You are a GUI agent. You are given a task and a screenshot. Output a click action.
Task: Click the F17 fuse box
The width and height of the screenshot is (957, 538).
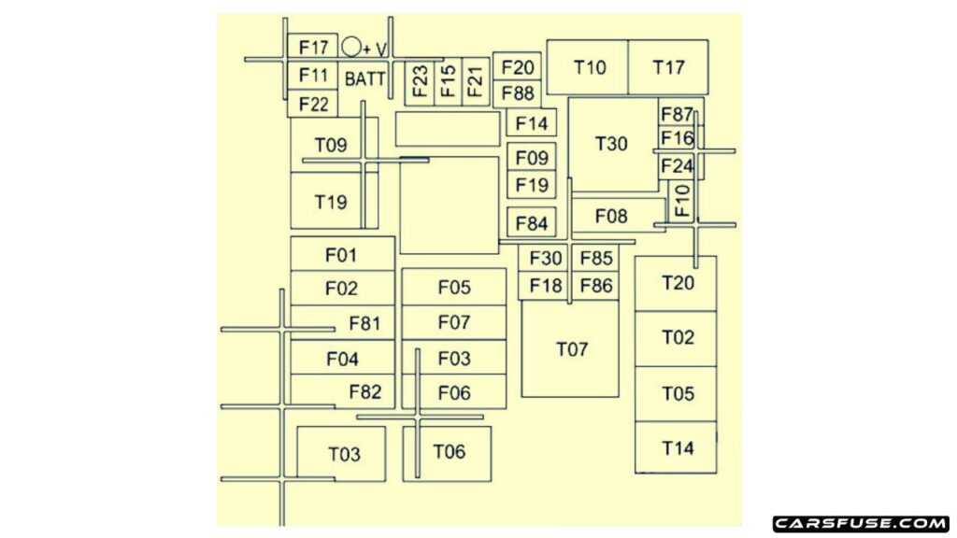point(312,47)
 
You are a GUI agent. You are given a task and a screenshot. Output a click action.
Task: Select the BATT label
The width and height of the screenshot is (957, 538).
point(365,78)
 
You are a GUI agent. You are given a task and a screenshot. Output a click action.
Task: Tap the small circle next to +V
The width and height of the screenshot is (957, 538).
point(351,47)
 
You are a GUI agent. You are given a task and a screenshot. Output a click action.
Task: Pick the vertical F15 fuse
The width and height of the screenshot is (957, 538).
point(448,82)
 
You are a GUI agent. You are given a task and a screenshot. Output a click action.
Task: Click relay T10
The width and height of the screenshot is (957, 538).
point(588,67)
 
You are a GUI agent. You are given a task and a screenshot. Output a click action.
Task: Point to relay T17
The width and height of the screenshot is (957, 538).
point(668,67)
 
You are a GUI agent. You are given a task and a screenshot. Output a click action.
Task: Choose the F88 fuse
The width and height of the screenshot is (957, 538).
point(517,94)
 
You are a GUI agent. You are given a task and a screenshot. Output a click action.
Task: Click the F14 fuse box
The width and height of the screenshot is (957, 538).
point(531,123)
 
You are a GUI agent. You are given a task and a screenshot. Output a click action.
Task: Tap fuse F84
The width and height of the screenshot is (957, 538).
point(531,223)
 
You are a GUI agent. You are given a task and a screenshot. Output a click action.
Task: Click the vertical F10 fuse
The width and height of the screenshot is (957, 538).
point(681,200)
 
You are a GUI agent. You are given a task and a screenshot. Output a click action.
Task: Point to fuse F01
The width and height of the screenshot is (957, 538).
point(342,254)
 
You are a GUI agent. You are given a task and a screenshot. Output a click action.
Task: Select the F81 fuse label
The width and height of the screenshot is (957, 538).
point(364,323)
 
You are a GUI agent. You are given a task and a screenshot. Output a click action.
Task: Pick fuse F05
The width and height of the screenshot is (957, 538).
point(454,287)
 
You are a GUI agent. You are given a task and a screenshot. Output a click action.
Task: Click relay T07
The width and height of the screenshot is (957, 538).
point(570,349)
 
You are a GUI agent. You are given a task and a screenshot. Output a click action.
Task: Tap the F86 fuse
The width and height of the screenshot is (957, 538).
point(595,286)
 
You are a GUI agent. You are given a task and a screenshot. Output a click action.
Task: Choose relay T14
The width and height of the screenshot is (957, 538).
point(677,447)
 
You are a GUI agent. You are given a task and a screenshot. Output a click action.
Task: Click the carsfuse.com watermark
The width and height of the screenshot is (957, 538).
point(861,523)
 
